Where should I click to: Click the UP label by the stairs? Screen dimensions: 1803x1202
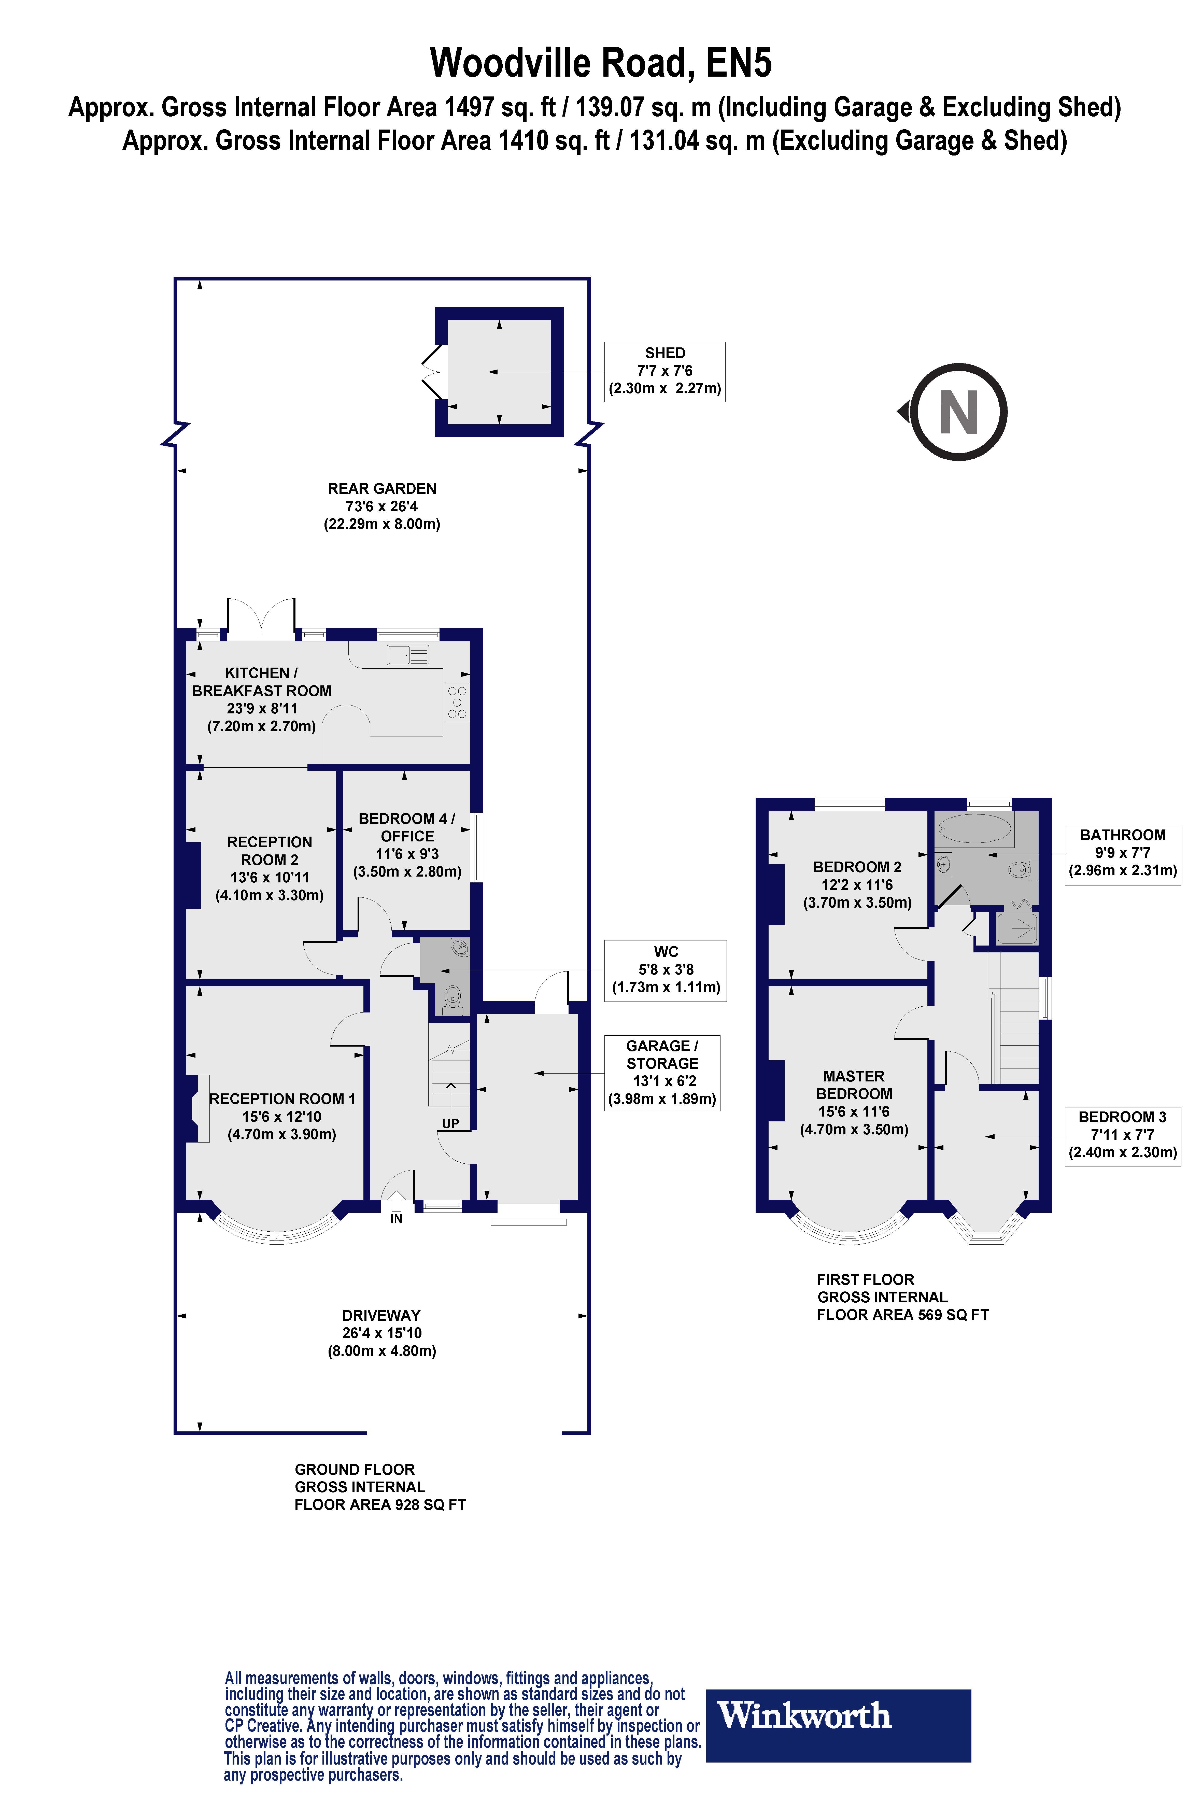click(450, 1124)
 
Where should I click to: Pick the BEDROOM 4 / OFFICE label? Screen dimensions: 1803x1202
click(407, 827)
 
